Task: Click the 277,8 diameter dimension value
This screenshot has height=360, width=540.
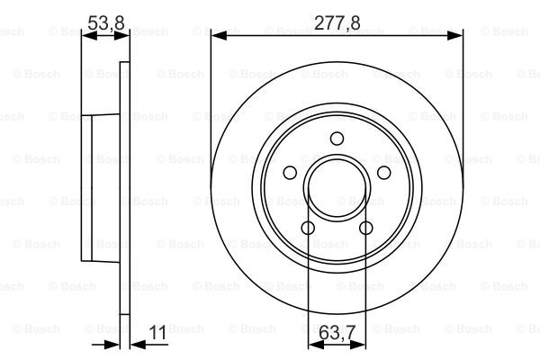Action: (337, 22)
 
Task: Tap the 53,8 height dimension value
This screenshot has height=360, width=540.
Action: (105, 22)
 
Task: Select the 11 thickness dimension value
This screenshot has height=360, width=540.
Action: (157, 333)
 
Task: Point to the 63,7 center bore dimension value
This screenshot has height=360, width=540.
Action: (337, 333)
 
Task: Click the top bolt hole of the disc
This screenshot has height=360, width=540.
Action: (337, 139)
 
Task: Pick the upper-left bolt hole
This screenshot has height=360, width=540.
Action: (290, 173)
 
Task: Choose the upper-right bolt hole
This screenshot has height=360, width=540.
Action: (384, 173)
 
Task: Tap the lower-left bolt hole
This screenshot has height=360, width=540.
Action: (308, 228)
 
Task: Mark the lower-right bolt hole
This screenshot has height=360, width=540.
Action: (366, 228)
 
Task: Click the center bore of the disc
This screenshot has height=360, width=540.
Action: (337, 188)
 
